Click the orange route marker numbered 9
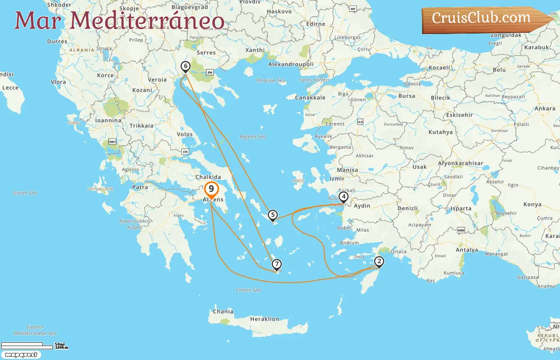pyautogui.click(x=211, y=189)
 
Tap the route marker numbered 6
pyautogui.click(x=185, y=66)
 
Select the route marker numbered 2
pyautogui.click(x=379, y=262)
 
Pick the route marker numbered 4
pyautogui.click(x=343, y=196)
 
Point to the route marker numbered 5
pyautogui.click(x=272, y=215)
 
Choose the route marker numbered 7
pyautogui.click(x=276, y=264)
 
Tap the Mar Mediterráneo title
pyautogui.click(x=119, y=20)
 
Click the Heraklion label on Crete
pyautogui.click(x=264, y=319)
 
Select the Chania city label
pyautogui.click(x=223, y=311)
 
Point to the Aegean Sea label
pyautogui.click(x=252, y=137)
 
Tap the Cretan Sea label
pyautogui.click(x=248, y=290)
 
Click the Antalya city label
pyautogui.click(x=467, y=250)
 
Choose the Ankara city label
pyautogui.click(x=545, y=108)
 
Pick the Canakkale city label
pyautogui.click(x=310, y=98)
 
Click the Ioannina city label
pyautogui.click(x=108, y=120)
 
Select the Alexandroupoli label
pyautogui.click(x=291, y=64)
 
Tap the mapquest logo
pyautogui.click(x=21, y=354)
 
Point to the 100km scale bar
pyautogui.click(x=27, y=347)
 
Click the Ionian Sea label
pyautogui.click(x=25, y=193)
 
